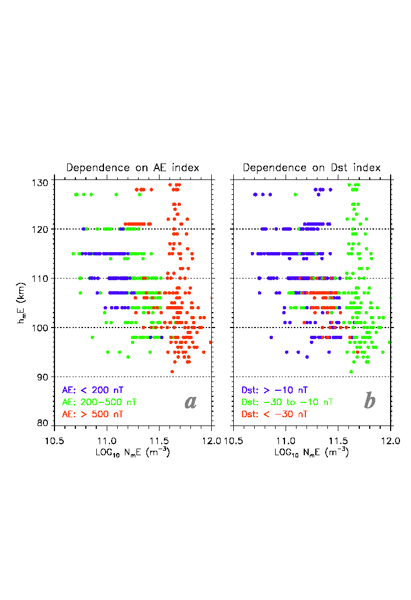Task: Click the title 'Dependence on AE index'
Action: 133,168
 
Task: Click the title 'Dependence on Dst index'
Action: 312,168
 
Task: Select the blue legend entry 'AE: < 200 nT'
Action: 92,390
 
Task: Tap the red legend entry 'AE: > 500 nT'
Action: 92,413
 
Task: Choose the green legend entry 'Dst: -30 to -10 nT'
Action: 287,402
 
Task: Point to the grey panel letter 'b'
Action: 370,401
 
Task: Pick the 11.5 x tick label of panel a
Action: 160,441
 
